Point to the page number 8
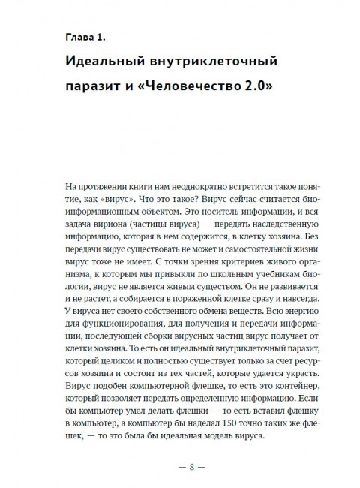pyautogui.click(x=181, y=467)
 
